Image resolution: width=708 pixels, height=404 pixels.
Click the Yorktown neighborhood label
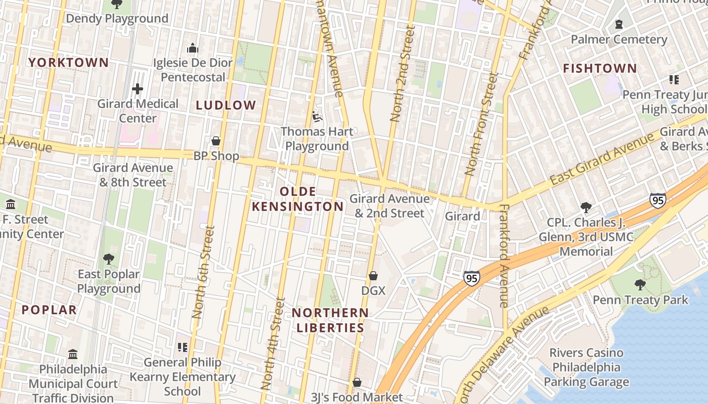click(x=68, y=63)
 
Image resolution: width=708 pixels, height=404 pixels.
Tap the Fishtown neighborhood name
click(x=600, y=68)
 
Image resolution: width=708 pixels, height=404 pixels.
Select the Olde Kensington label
click(x=298, y=199)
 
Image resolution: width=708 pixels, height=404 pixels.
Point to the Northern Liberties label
click(x=330, y=320)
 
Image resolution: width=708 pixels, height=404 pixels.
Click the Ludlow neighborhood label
click(x=226, y=105)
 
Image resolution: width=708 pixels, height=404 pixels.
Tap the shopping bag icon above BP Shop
click(x=216, y=141)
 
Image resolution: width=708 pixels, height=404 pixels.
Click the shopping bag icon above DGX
click(x=373, y=276)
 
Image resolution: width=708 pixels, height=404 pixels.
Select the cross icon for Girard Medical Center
click(x=137, y=89)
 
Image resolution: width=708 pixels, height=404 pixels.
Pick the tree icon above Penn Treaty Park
click(x=640, y=285)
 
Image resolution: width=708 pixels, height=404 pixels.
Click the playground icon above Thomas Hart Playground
click(x=317, y=117)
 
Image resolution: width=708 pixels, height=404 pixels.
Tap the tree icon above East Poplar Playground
click(x=108, y=259)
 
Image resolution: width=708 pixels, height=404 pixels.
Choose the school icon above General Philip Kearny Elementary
click(x=182, y=347)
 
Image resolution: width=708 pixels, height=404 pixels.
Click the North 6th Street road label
click(x=203, y=272)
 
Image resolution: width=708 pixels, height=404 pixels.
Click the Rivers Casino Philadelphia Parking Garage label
click(x=587, y=367)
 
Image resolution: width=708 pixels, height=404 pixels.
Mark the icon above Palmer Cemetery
click(x=618, y=24)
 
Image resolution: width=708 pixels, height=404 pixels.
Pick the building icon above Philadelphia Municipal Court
click(x=73, y=354)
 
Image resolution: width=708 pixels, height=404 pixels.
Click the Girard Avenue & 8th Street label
click(x=132, y=175)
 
